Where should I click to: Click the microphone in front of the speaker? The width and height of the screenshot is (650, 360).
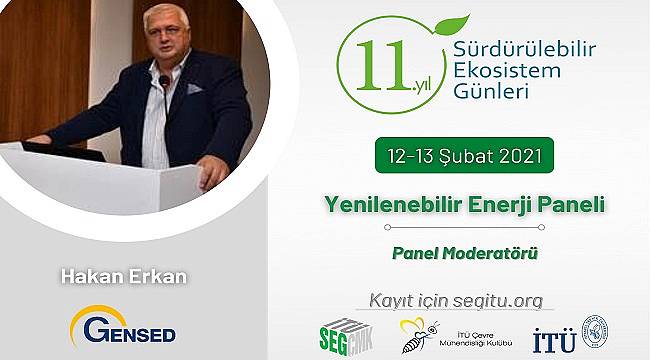[164, 81]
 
